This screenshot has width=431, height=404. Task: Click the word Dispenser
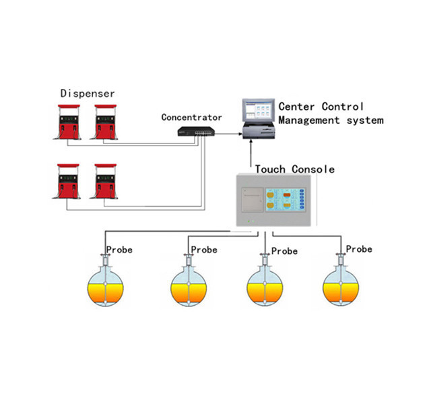pos(88,93)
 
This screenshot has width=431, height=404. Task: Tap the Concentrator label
pos(191,117)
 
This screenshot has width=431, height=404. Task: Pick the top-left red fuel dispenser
pos(68,122)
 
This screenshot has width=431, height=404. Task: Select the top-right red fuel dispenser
pos(106,122)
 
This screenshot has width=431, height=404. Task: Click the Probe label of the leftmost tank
pos(119,250)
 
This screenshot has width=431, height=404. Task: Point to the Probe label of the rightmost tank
pos(358,249)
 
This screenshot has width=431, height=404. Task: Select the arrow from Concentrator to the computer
pos(229,133)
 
